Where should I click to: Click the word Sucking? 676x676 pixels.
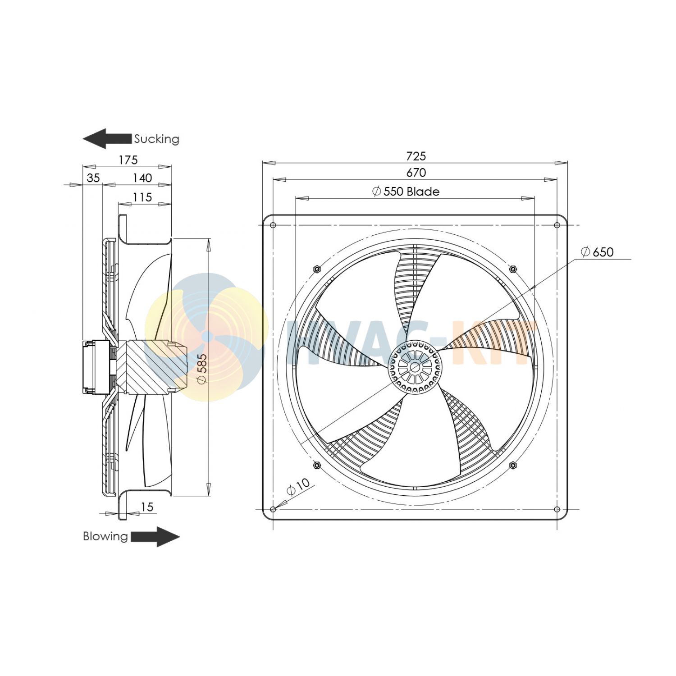156,139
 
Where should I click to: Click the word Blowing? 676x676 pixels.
105,536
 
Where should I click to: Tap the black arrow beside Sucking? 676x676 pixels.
107,138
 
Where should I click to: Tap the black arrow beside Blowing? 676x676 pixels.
155,537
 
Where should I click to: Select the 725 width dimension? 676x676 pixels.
416,156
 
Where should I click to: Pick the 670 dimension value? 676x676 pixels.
416,173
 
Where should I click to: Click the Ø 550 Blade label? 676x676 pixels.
406,192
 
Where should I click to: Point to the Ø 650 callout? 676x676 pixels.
597,252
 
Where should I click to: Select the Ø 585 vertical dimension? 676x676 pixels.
202,369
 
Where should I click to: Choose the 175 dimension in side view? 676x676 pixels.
128,160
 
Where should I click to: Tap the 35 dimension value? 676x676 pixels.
93,178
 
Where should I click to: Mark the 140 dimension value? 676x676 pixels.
142,178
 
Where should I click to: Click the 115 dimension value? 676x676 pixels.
142,197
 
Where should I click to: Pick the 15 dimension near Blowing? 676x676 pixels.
147,507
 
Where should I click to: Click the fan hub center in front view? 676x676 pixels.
415,367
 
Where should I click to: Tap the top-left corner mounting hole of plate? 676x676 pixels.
273,225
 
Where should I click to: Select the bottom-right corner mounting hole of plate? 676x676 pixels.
557,509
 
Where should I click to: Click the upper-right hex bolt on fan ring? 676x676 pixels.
513,269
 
